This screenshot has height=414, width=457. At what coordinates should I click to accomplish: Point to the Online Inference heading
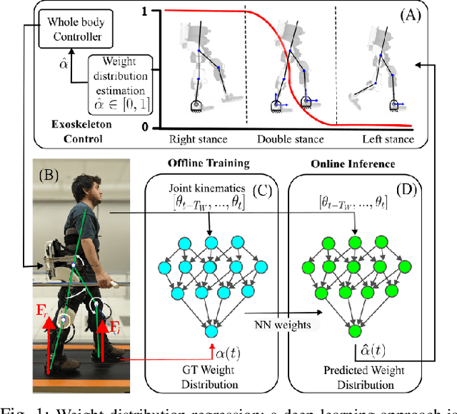353,164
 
